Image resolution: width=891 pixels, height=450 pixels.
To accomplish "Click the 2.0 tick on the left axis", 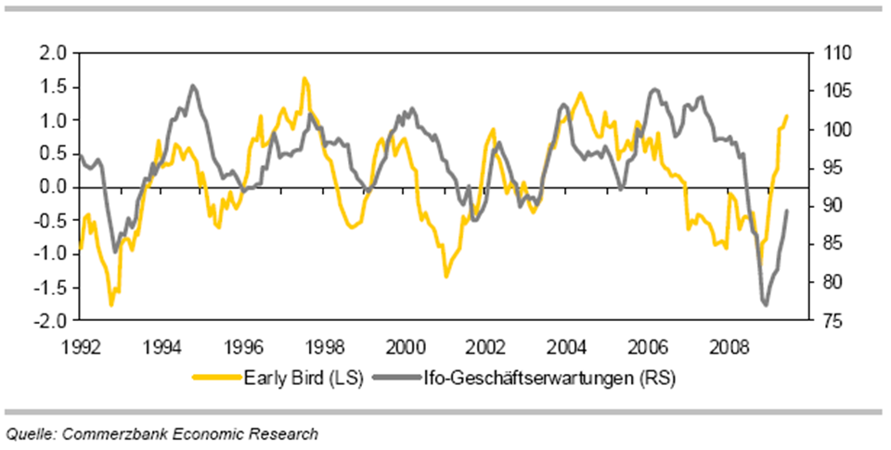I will click(53, 54).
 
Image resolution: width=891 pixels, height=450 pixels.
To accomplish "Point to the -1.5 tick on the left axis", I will click(51, 288).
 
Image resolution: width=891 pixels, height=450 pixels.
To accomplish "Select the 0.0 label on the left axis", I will click(53, 187).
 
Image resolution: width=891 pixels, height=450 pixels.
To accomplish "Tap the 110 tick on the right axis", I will click(826, 54).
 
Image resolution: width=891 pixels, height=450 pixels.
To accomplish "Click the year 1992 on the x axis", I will click(80, 347).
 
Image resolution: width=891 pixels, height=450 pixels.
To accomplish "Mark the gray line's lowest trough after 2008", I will click(766, 304).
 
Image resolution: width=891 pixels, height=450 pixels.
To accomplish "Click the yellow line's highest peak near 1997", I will click(303, 79).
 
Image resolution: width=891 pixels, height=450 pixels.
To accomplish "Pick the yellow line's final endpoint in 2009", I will click(787, 116).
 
